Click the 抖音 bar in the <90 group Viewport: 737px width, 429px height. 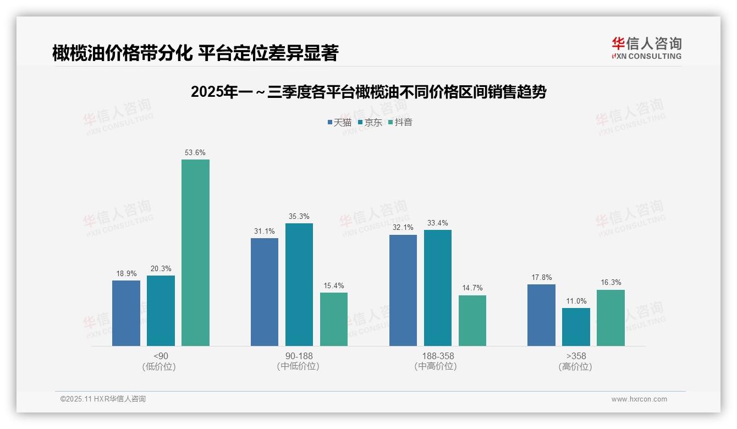coord(195,253)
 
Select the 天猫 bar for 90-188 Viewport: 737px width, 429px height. coord(265,292)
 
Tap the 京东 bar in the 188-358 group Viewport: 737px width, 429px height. coord(438,288)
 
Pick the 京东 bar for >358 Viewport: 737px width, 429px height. coord(576,327)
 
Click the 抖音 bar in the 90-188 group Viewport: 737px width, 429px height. coord(334,319)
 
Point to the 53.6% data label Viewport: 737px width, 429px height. coord(195,152)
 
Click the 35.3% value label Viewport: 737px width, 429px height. coord(299,216)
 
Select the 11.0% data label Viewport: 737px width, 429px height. coord(576,301)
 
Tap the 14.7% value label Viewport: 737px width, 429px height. coord(472,288)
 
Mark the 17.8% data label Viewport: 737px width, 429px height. coord(542,277)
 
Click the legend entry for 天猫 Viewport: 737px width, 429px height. coord(339,122)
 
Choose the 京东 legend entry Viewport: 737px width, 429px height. coord(370,122)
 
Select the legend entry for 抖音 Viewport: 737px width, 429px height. coord(400,122)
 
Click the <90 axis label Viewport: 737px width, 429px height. coord(161,356)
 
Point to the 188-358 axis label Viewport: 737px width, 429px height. coord(438,356)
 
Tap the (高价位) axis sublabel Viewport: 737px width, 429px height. coord(576,367)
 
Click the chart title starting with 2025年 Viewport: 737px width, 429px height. coord(369,92)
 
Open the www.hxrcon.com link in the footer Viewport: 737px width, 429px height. coord(639,399)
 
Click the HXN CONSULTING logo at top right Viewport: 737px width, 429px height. coord(646,48)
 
